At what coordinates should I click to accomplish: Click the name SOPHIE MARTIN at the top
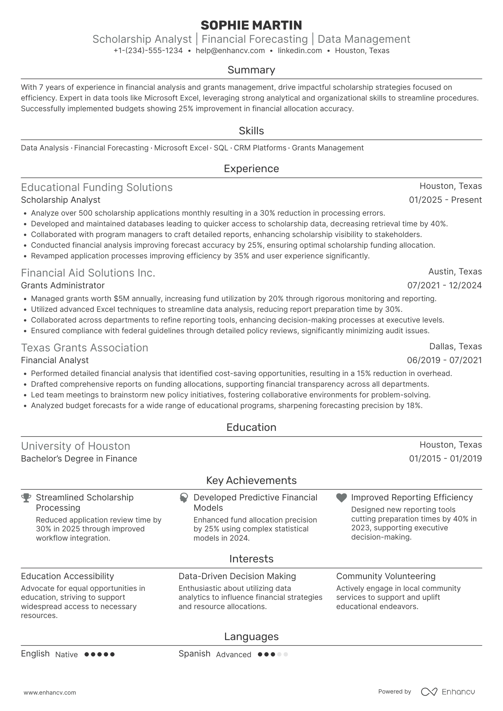(251, 25)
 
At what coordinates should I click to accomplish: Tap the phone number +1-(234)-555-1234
(148, 51)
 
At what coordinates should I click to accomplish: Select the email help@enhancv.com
(230, 51)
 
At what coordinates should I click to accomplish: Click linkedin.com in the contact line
(300, 51)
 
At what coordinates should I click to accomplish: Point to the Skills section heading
(251, 131)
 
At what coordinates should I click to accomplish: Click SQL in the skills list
(221, 148)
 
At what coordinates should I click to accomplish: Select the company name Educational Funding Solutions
(97, 187)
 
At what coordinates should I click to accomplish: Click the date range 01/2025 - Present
(445, 200)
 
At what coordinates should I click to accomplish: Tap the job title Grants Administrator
(63, 285)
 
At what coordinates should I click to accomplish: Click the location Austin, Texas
(455, 272)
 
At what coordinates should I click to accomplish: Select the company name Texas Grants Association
(85, 348)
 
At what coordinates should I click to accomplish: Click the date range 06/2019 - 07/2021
(444, 360)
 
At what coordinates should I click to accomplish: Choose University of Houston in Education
(76, 446)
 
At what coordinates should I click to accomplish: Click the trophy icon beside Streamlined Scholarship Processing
(26, 498)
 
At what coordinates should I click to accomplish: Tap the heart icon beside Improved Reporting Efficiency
(341, 498)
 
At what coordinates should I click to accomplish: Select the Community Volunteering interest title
(386, 576)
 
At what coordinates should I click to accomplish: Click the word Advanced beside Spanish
(234, 655)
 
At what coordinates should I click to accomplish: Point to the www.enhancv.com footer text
(50, 693)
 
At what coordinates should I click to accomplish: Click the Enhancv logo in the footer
(448, 692)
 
